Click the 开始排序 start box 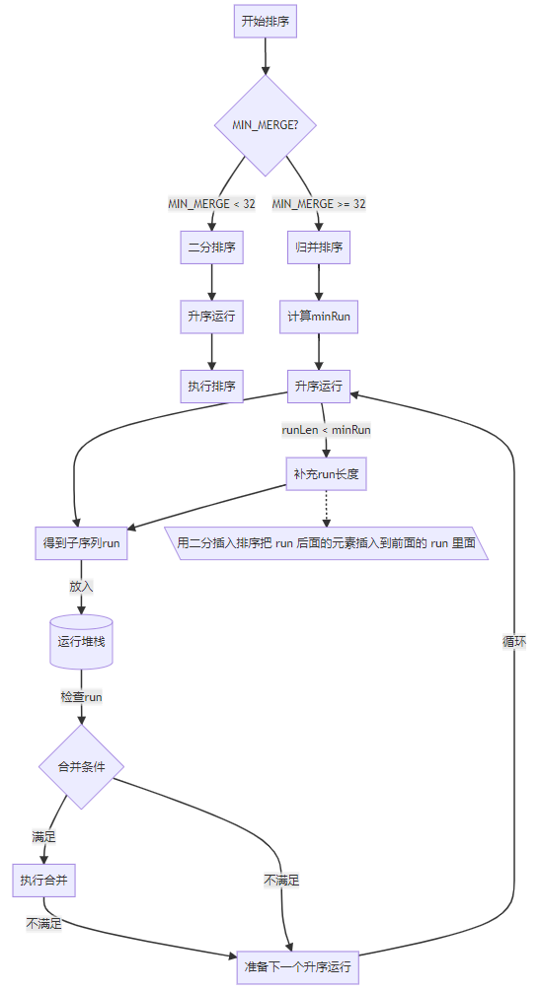(x=266, y=21)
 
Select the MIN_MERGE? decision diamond (x=266, y=125)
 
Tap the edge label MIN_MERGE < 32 (x=211, y=203)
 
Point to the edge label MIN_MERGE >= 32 (x=319, y=203)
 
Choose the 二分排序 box (x=211, y=248)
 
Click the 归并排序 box (x=319, y=248)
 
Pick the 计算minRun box (x=319, y=317)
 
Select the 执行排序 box (x=211, y=386)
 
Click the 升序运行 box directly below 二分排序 (x=211, y=317)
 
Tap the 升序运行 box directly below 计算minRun (x=319, y=386)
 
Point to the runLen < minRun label (x=326, y=430)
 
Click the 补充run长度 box (x=326, y=474)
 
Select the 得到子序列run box (x=81, y=543)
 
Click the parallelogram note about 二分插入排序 (x=326, y=543)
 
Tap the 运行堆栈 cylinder (x=81, y=641)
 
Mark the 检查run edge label (x=81, y=696)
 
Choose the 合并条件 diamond (x=81, y=766)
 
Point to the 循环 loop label (x=513, y=641)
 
